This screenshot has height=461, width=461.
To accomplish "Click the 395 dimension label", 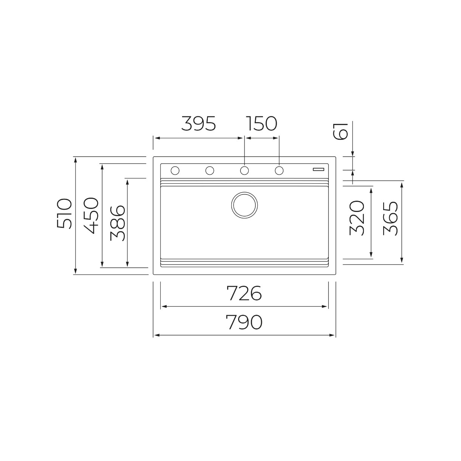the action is click(x=198, y=124).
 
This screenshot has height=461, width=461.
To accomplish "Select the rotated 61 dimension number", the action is click(x=340, y=131).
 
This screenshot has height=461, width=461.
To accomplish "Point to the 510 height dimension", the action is click(x=64, y=213).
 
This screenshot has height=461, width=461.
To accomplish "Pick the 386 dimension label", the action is click(x=117, y=223).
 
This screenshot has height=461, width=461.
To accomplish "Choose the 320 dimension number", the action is click(x=356, y=218).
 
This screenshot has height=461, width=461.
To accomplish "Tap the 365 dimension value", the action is click(x=390, y=218).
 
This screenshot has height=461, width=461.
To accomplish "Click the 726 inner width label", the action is click(x=244, y=293).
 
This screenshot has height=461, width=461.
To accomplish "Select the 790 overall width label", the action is click(x=244, y=322).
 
